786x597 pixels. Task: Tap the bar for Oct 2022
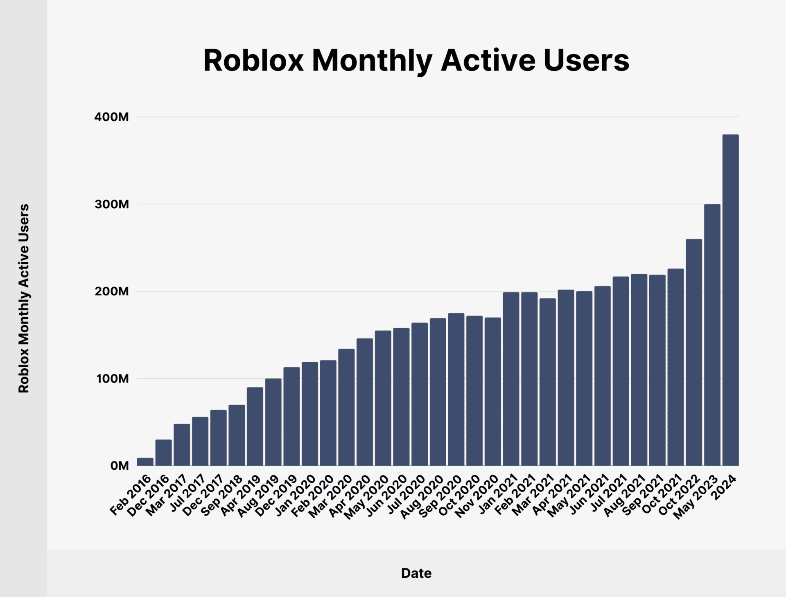(693, 352)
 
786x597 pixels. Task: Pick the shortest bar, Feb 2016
(145, 462)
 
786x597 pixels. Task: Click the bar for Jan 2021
(511, 379)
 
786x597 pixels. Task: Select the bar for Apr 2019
(255, 426)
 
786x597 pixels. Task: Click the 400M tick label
(111, 117)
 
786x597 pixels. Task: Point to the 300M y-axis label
(111, 204)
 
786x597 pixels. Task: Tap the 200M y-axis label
(111, 291)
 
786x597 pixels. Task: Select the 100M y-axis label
(112, 378)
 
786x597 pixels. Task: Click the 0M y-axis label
(119, 466)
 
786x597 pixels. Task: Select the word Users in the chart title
(586, 61)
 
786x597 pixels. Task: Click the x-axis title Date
(416, 573)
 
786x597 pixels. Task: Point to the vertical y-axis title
(24, 299)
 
